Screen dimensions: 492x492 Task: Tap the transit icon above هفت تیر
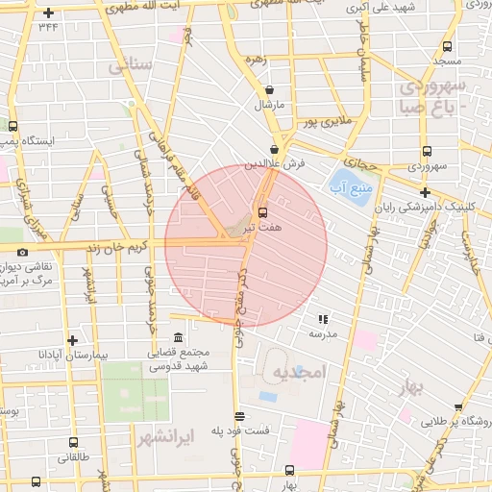coord(262,211)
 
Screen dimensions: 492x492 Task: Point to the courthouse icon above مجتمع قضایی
coord(178,338)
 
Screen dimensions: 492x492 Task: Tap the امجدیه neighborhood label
coord(299,371)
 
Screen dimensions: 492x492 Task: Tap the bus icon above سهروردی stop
coord(426,151)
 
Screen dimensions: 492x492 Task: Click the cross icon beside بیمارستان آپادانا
coord(72,339)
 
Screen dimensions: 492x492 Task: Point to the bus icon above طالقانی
coord(74,442)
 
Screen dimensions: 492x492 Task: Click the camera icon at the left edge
coord(10,251)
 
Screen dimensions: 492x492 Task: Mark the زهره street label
coord(255,59)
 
